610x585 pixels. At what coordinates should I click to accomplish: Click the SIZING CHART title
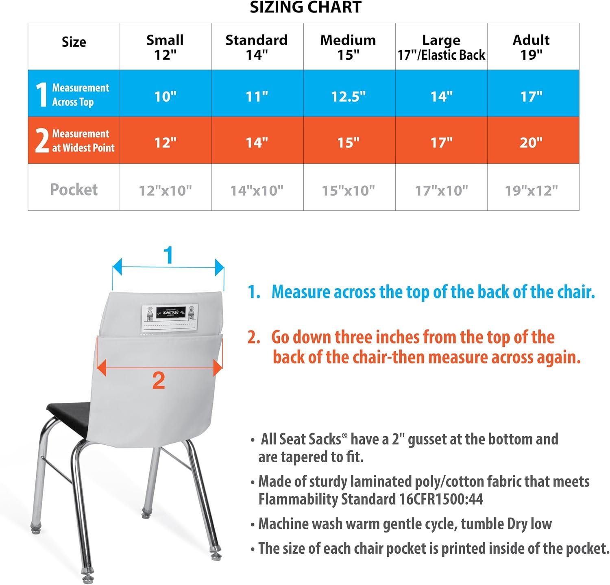pos(305,7)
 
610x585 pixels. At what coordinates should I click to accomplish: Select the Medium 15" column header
pos(348,47)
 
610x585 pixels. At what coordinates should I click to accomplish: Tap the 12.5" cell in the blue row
pos(348,96)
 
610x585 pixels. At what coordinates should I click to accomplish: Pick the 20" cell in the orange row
pos(531,142)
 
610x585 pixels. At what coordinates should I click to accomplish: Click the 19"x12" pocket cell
pos(531,190)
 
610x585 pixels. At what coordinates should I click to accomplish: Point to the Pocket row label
pos(74,189)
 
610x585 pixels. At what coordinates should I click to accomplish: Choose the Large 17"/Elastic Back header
pos(441,47)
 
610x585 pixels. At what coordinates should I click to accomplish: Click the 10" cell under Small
pos(165,96)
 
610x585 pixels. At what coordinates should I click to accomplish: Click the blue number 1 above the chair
pos(168,255)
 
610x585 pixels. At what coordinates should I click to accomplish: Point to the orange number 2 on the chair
pos(159,381)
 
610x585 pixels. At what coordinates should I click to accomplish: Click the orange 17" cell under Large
pos(441,142)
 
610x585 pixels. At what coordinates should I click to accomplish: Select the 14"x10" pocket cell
pos(257,190)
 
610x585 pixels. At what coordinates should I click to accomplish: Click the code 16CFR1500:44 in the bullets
pos(441,499)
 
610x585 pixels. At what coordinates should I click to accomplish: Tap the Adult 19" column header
pos(531,47)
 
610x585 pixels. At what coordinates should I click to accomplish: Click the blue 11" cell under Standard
pos(257,96)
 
